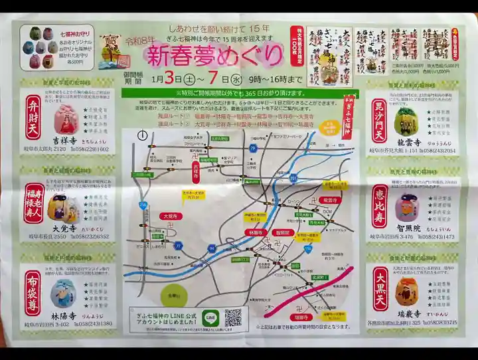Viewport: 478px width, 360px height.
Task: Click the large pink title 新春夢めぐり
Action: [215, 56]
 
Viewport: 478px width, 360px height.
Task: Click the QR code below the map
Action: [232, 317]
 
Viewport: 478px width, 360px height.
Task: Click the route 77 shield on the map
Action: [178, 245]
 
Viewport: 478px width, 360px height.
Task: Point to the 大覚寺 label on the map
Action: [171, 216]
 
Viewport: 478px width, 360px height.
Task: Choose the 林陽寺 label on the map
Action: [255, 233]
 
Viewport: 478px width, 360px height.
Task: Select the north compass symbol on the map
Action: [142, 135]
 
